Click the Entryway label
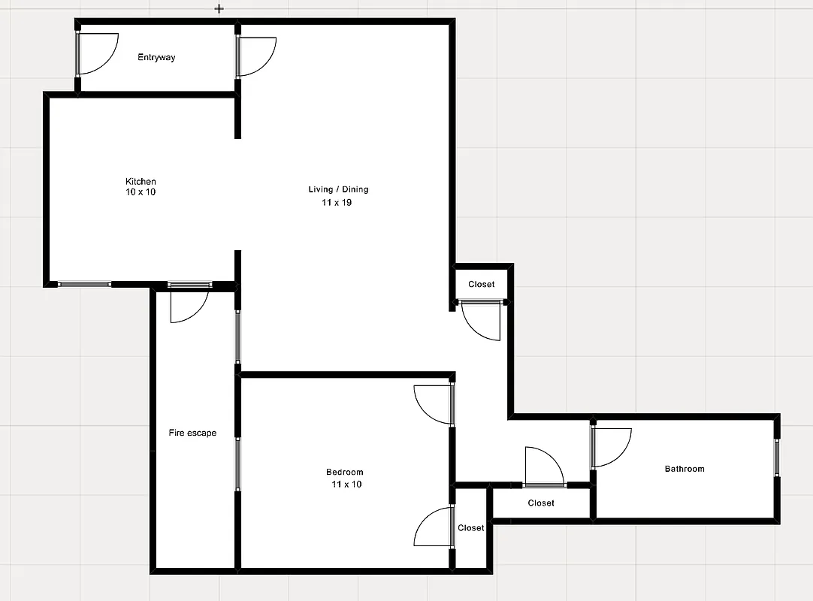click(x=156, y=57)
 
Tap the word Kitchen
click(x=141, y=182)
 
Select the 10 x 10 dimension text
click(x=141, y=192)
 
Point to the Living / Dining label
click(x=338, y=189)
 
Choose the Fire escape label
click(x=192, y=433)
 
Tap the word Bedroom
click(x=345, y=473)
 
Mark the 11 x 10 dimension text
click(x=346, y=485)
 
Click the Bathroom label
click(x=685, y=469)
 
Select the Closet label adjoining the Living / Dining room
click(x=482, y=285)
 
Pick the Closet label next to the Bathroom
click(x=541, y=503)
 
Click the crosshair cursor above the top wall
click(x=219, y=9)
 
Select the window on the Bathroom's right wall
click(x=777, y=458)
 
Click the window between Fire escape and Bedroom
click(x=237, y=464)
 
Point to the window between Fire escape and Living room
click(x=237, y=337)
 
